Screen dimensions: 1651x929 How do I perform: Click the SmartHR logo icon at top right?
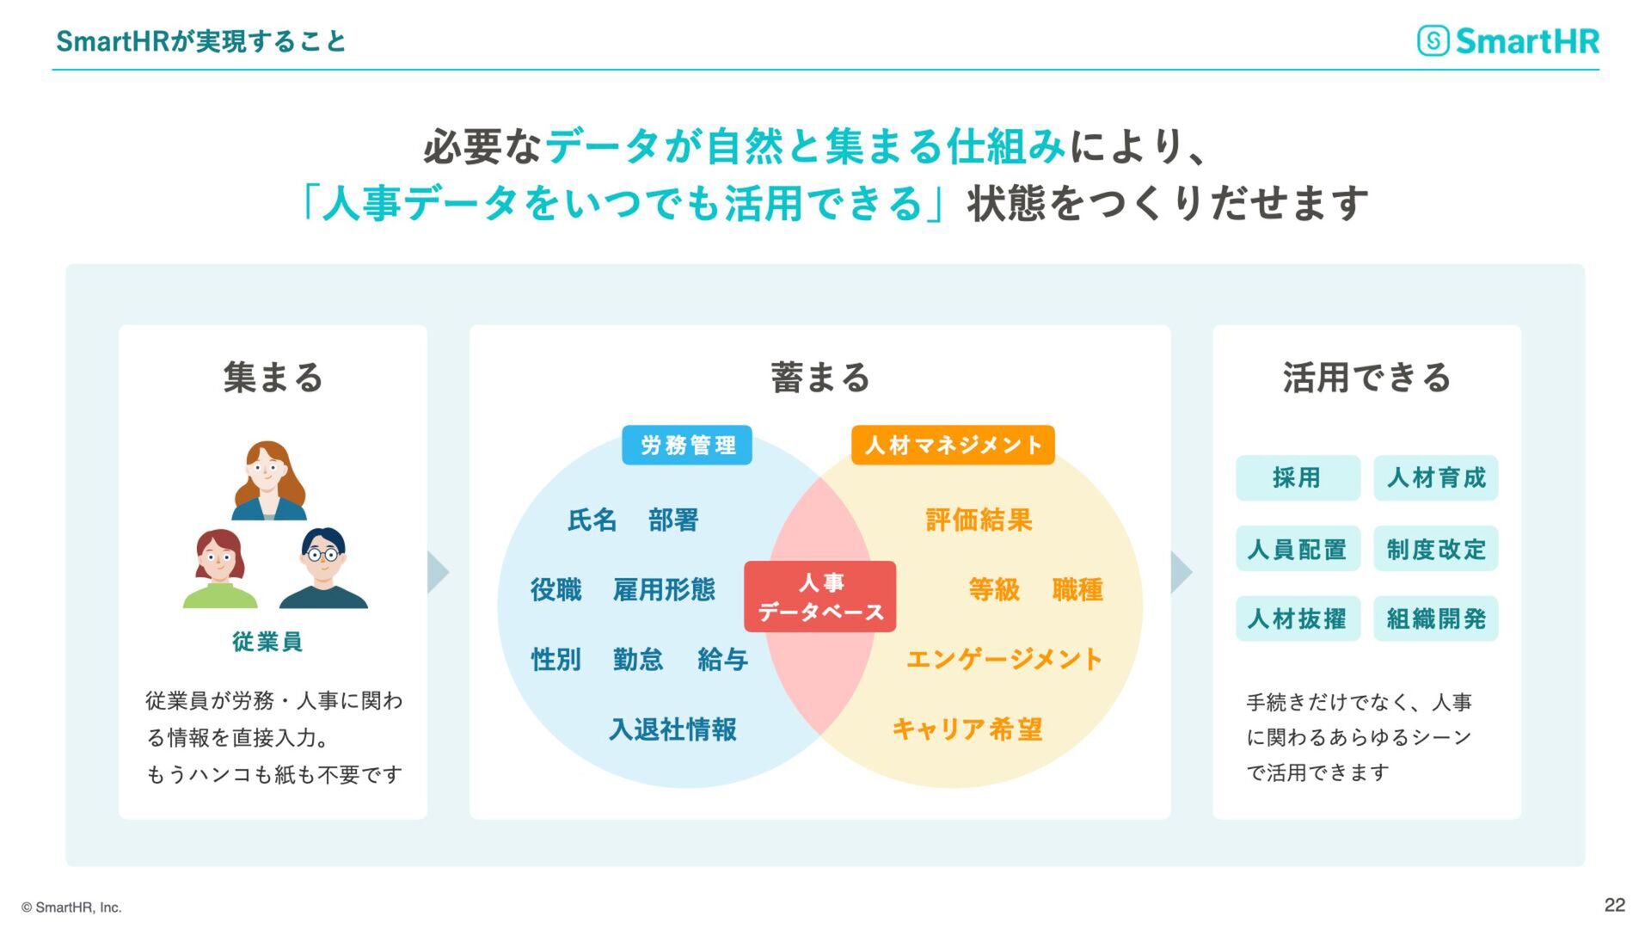(x=1433, y=40)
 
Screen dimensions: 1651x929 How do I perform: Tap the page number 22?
(x=1614, y=905)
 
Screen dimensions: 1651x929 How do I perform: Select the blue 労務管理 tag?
(x=687, y=445)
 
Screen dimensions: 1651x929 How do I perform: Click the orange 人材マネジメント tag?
(x=953, y=445)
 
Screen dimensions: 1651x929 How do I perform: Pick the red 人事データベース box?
(x=819, y=597)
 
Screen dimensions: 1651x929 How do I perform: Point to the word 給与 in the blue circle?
(x=722, y=660)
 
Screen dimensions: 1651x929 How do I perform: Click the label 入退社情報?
(x=672, y=729)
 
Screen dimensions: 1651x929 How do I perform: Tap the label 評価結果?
(x=979, y=520)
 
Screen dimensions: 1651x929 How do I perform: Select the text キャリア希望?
(x=967, y=729)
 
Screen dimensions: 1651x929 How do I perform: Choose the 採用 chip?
(x=1298, y=477)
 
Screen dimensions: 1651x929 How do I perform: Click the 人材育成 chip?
(x=1436, y=477)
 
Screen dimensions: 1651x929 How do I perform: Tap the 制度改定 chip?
(x=1436, y=549)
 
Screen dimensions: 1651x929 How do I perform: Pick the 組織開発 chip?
(x=1436, y=618)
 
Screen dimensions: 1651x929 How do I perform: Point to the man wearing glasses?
(x=323, y=568)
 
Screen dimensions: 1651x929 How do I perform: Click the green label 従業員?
(x=267, y=642)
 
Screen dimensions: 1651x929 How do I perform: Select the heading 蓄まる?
(x=820, y=378)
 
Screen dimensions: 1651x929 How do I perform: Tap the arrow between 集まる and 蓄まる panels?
(x=438, y=572)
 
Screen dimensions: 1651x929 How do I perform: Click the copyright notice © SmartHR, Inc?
(x=71, y=907)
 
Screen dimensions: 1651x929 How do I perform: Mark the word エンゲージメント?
(x=1004, y=660)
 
